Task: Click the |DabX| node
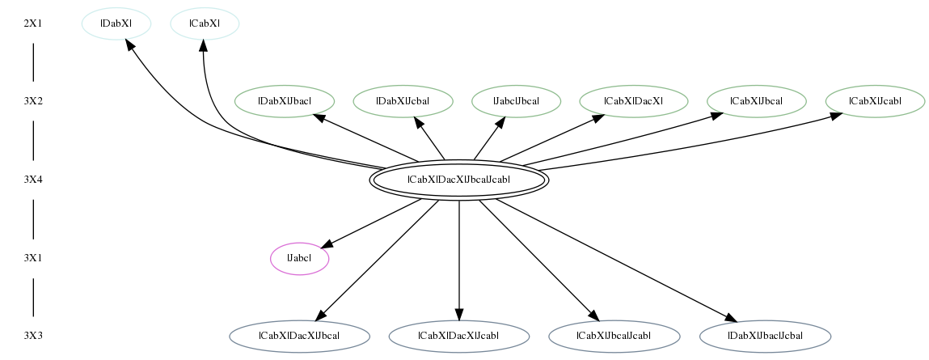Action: tap(116, 23)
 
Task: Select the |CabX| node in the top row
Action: tap(205, 23)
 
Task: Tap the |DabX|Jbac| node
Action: tap(285, 101)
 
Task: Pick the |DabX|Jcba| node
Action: tap(403, 101)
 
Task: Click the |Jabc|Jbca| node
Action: tap(516, 101)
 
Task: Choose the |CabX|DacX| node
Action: tap(633, 101)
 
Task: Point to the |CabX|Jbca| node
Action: tap(756, 101)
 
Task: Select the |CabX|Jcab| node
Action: tap(875, 101)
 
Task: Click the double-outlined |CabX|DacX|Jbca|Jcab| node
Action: tap(458, 180)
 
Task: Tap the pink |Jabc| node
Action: tap(299, 259)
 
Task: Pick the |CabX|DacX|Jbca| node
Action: tap(299, 337)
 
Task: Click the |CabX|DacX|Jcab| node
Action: tap(458, 337)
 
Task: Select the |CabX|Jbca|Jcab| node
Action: tap(614, 337)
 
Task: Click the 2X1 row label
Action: tap(33, 24)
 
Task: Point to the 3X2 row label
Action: tap(33, 101)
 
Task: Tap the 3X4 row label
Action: tap(33, 180)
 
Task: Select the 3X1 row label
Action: tap(33, 259)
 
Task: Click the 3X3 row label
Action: tap(33, 337)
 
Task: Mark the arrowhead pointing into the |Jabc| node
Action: tap(327, 244)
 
